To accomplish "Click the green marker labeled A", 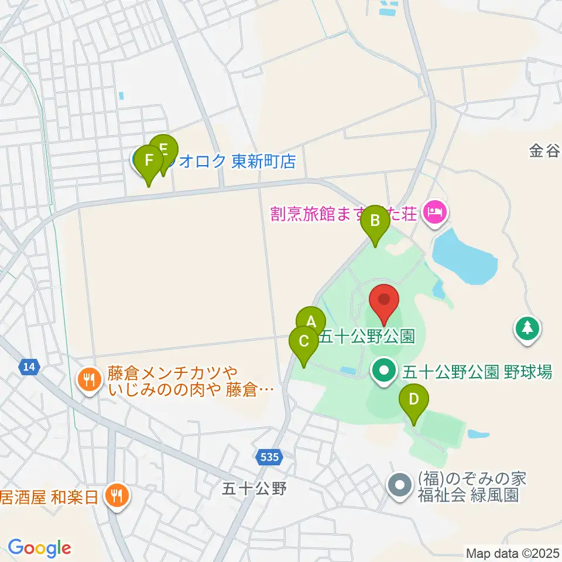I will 311,321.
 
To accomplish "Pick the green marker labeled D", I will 414,400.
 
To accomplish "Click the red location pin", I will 384,300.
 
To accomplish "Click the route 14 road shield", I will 29,367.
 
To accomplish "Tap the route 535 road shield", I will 270,457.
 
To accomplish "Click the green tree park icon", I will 527,328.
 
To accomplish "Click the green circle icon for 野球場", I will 384,371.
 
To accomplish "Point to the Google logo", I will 39,547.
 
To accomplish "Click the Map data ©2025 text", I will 511,553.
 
